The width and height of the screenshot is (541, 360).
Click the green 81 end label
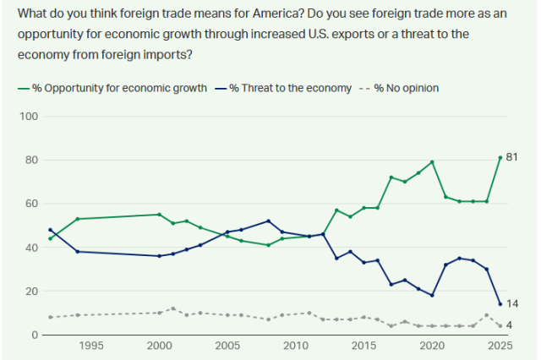511,157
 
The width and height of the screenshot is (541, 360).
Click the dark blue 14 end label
511,303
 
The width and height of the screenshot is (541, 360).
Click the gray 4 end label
509,325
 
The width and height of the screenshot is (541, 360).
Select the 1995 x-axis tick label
91,346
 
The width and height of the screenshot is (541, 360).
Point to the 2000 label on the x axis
159,346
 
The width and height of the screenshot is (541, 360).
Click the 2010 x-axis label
296,346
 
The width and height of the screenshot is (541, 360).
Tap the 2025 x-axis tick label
500,346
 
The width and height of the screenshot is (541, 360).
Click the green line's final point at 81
500,157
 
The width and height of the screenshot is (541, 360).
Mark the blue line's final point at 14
500,304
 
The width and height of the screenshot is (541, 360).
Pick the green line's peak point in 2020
432,161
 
